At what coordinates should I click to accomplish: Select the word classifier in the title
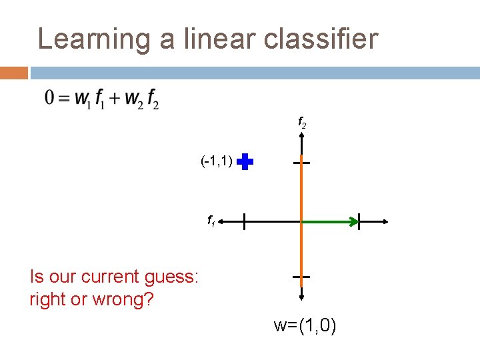(321, 39)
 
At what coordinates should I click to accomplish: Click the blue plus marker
(245, 162)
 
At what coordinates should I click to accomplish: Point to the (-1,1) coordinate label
(216, 161)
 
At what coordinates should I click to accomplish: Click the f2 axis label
(301, 124)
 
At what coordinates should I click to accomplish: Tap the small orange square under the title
(13, 72)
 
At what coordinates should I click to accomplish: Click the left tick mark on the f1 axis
(244, 221)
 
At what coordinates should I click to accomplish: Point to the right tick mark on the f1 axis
(359, 221)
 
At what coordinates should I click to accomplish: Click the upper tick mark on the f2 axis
(302, 162)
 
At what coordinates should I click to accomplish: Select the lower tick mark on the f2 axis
(301, 276)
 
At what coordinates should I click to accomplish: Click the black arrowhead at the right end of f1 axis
(384, 221)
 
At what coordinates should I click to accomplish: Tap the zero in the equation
(49, 98)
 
